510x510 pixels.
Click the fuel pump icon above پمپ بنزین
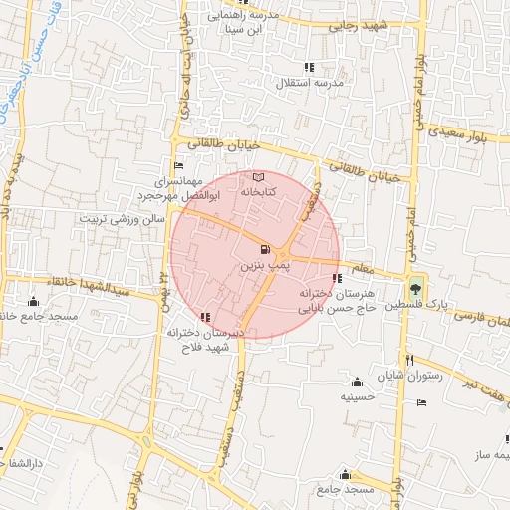(x=263, y=249)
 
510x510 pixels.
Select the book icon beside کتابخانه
(x=259, y=177)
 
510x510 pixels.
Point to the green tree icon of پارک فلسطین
(x=415, y=281)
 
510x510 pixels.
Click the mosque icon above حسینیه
(x=357, y=382)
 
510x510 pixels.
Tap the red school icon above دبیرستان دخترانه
(x=205, y=318)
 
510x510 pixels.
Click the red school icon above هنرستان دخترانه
(x=337, y=279)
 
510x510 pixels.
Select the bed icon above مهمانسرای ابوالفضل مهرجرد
(x=178, y=165)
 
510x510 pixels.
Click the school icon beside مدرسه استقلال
(x=309, y=67)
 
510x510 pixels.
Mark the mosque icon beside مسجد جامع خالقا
(x=34, y=301)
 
